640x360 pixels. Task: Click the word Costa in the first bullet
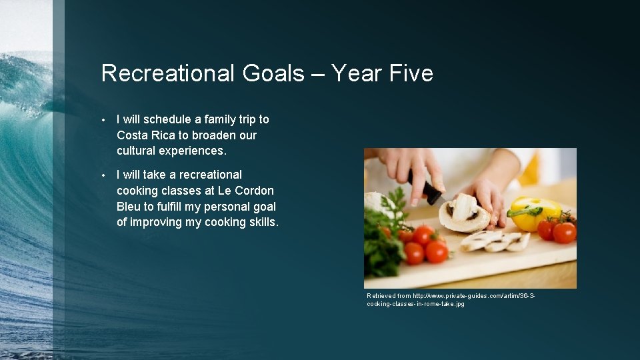click(132, 135)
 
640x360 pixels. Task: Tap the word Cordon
click(253, 191)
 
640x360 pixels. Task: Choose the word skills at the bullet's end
click(262, 223)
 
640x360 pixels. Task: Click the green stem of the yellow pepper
click(523, 212)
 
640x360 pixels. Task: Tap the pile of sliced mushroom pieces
click(497, 241)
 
